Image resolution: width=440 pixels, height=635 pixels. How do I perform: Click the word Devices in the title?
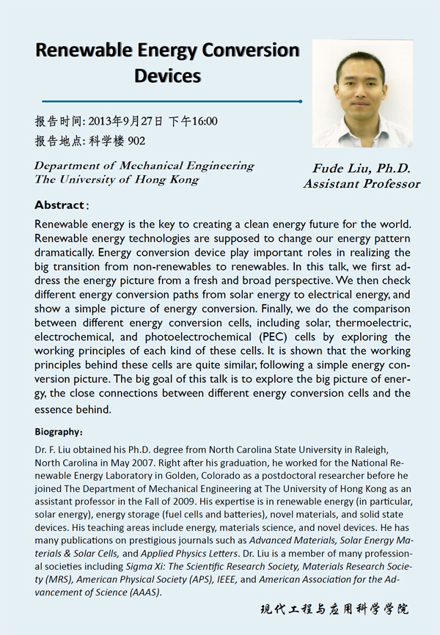(167, 75)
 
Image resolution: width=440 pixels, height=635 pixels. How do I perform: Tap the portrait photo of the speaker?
(362, 92)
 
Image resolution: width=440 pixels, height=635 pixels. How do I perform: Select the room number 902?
(136, 141)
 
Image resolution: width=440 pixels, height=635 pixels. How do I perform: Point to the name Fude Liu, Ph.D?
(362, 169)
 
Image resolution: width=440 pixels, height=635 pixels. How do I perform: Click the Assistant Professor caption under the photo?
(362, 183)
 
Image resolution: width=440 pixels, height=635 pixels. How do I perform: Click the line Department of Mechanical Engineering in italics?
(144, 166)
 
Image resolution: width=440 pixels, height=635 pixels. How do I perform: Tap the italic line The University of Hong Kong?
(116, 180)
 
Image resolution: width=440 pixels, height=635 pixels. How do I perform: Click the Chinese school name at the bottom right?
(334, 610)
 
